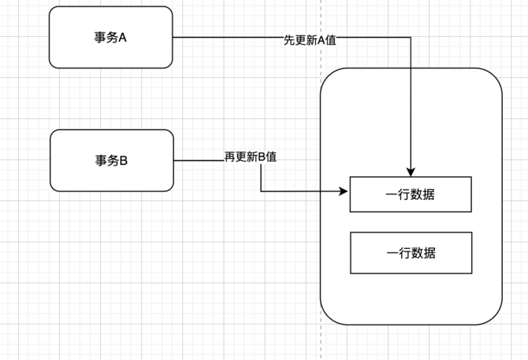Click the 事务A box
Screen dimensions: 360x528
(110, 38)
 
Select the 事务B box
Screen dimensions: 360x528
(112, 160)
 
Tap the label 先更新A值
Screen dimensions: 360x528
(310, 40)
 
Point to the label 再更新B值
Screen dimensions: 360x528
(251, 157)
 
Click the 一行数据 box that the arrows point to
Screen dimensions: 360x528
(410, 194)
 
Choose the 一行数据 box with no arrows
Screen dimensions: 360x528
(410, 253)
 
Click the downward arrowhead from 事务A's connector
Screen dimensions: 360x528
(410, 172)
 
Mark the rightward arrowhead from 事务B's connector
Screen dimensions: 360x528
(345, 192)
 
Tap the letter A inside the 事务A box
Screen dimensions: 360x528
(123, 38)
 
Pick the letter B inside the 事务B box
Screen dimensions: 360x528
(123, 161)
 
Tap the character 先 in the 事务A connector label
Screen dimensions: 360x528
(289, 40)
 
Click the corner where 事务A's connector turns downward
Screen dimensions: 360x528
(410, 38)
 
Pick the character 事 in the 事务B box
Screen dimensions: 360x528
(101, 161)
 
